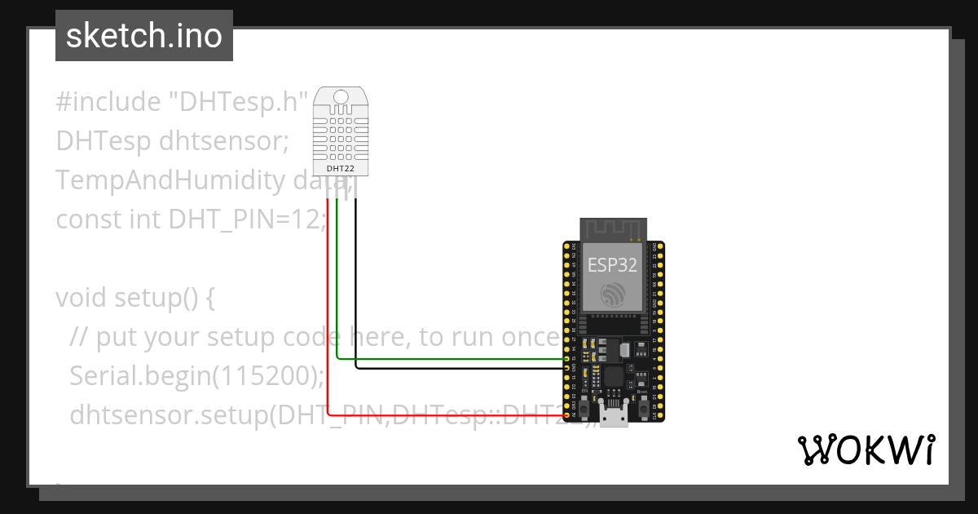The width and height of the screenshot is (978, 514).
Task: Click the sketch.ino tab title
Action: coord(143,36)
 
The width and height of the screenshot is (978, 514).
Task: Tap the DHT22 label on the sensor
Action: coord(340,168)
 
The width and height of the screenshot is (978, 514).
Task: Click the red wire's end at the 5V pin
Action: coord(568,415)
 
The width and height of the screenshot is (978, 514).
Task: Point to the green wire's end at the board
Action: coord(568,358)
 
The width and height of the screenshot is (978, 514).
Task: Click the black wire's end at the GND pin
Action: coord(568,368)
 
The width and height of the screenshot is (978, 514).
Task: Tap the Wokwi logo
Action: coord(865,450)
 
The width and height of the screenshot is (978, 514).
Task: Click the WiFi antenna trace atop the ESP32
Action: coord(613,229)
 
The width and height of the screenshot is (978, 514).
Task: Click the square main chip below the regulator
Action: coord(613,376)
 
